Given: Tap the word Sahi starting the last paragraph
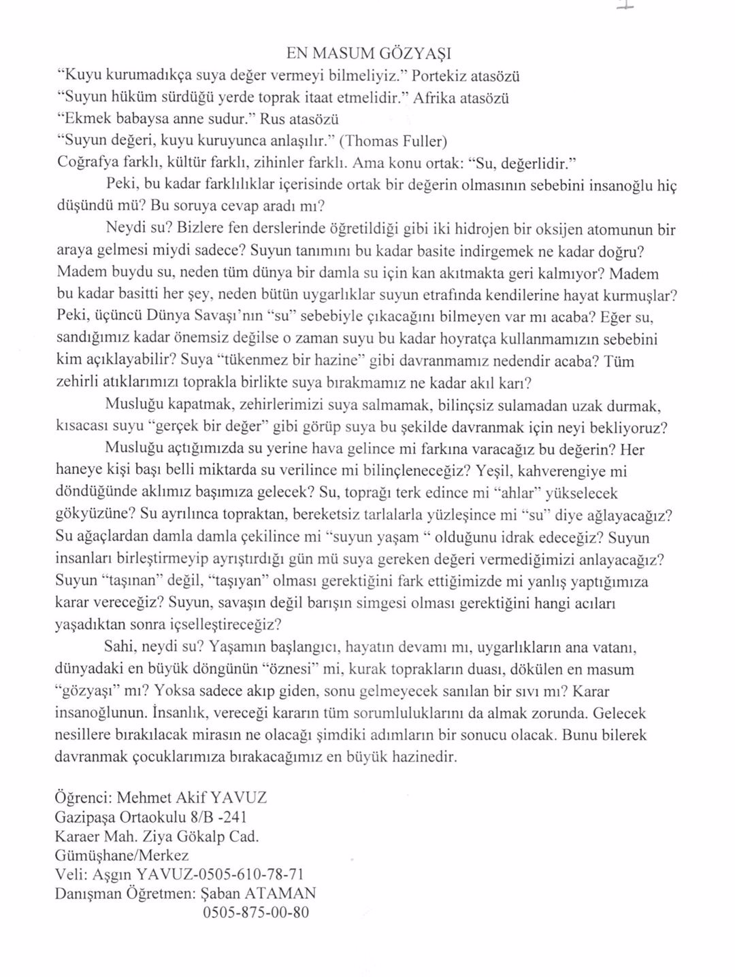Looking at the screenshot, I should click(x=121, y=647).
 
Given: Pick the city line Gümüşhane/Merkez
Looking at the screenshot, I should click(x=121, y=855).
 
